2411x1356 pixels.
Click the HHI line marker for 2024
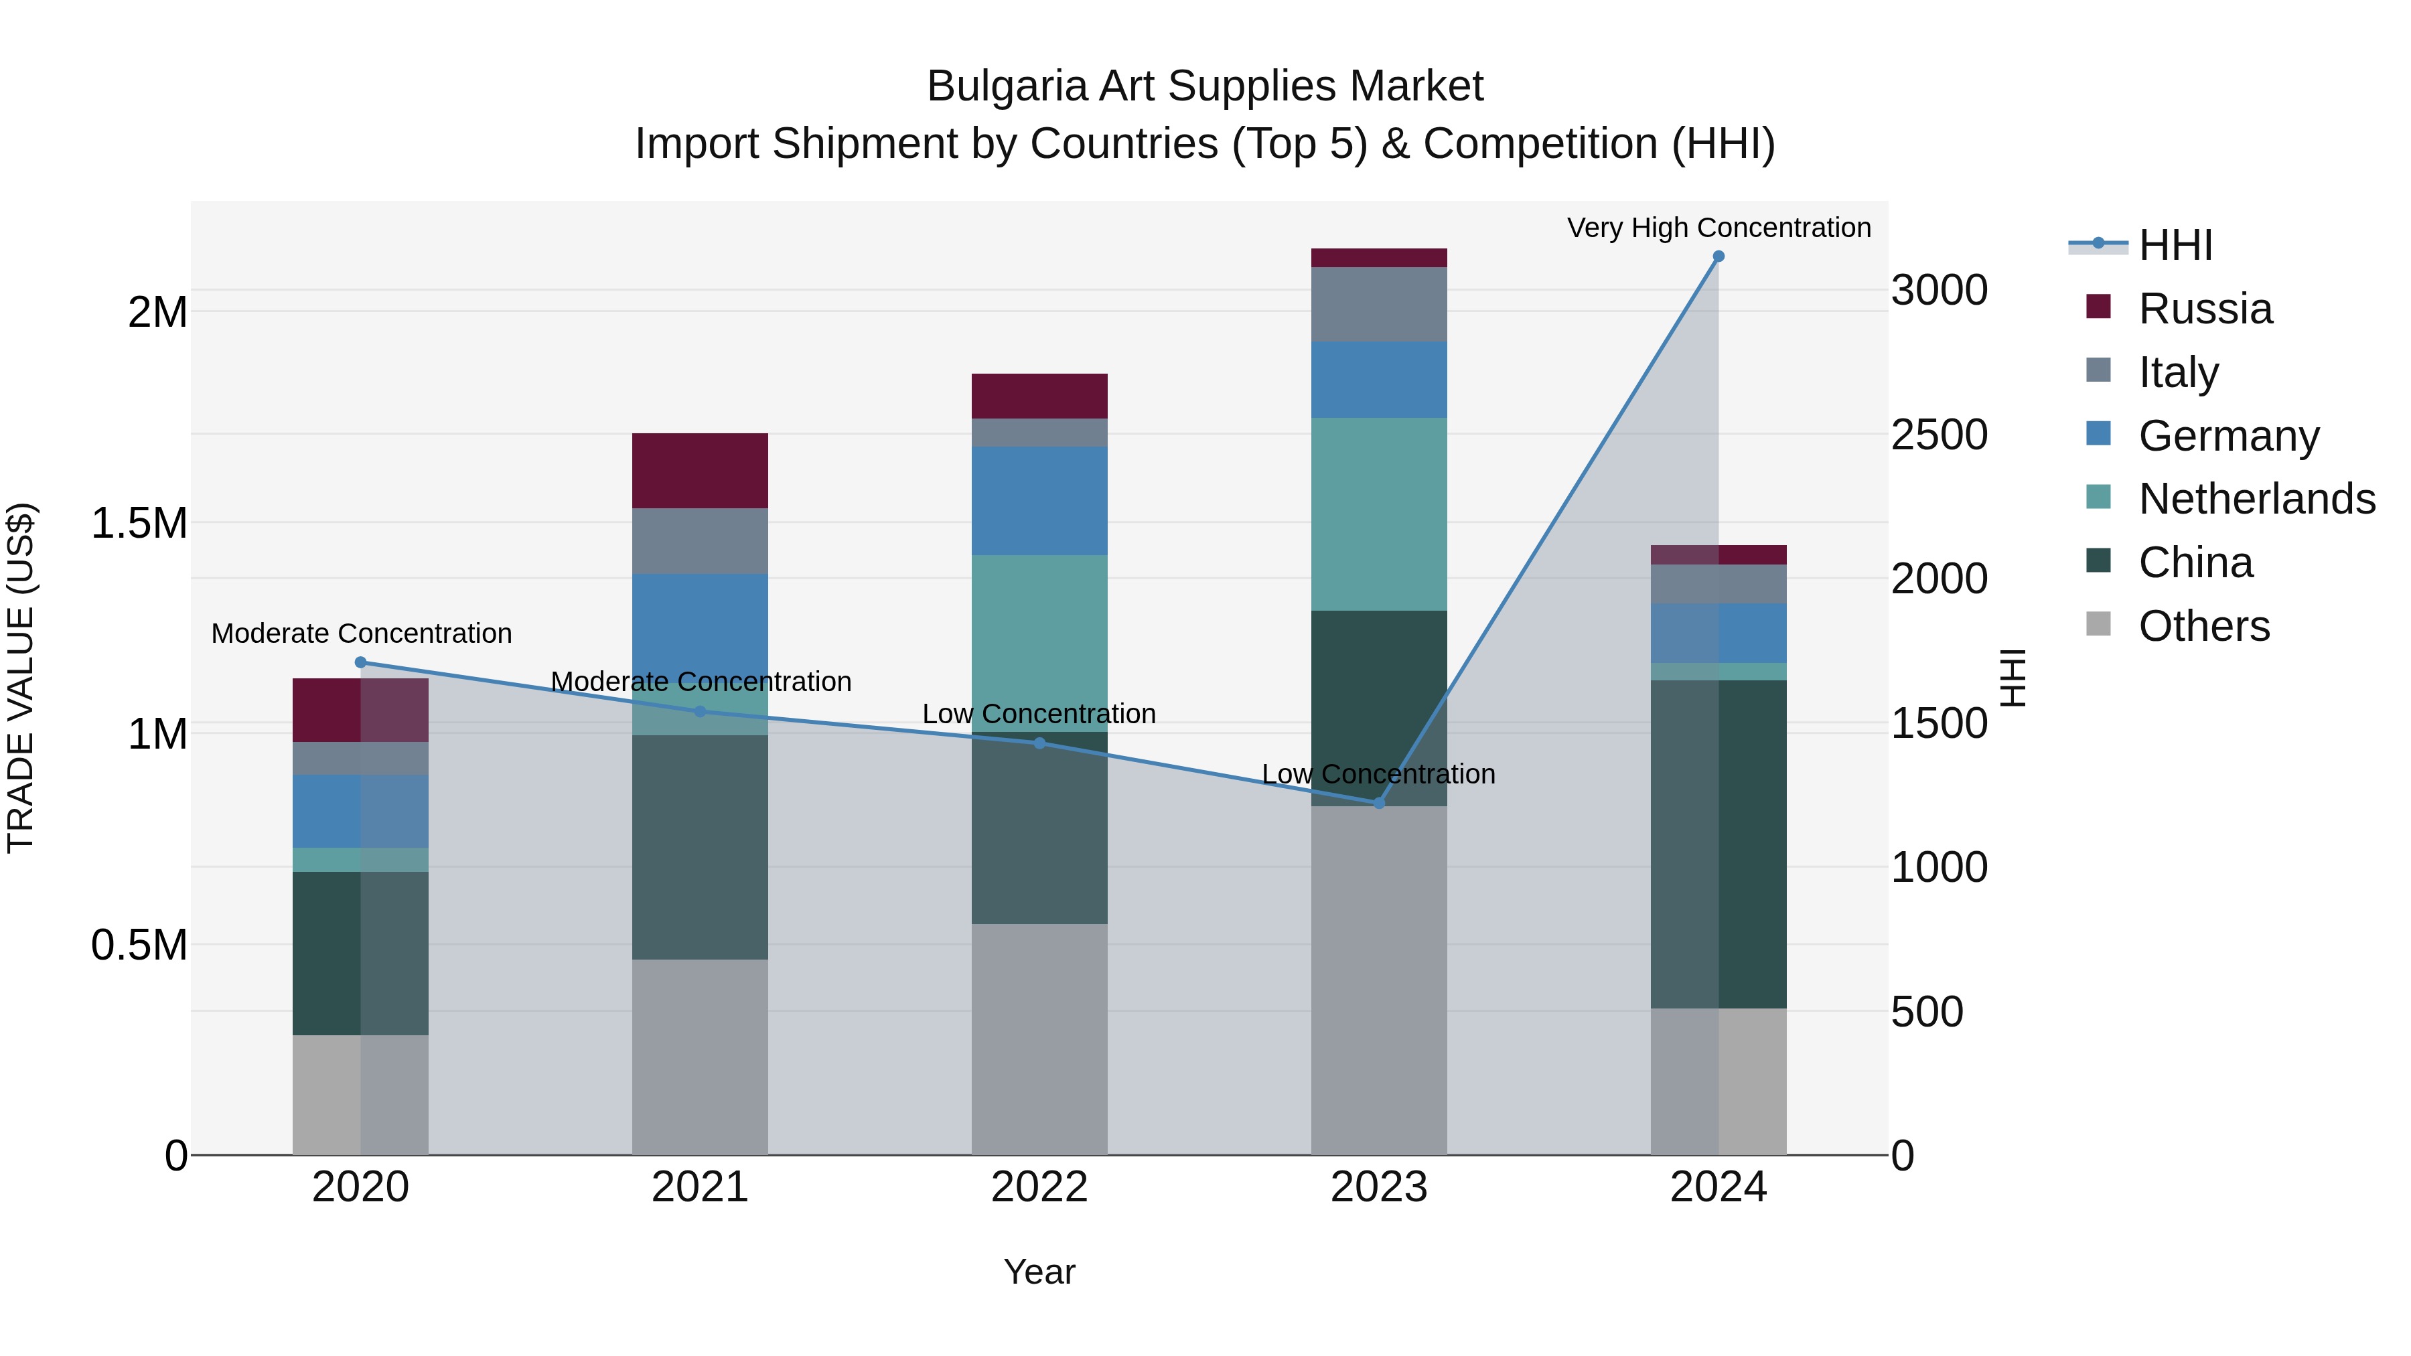[1719, 256]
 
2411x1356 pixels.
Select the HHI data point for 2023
[1379, 803]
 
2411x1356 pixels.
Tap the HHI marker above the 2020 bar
[360, 662]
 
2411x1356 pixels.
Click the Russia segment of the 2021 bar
[700, 471]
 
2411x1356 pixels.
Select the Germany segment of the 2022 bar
[1039, 501]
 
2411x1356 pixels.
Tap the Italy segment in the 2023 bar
[1379, 304]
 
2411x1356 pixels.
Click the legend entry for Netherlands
[2256, 499]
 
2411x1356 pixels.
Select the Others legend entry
[2203, 626]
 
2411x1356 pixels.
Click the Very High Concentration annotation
[1719, 228]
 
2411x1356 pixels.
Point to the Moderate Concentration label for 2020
[361, 633]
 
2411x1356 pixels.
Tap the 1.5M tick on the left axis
[139, 523]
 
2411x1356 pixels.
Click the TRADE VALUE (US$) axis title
[21, 678]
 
